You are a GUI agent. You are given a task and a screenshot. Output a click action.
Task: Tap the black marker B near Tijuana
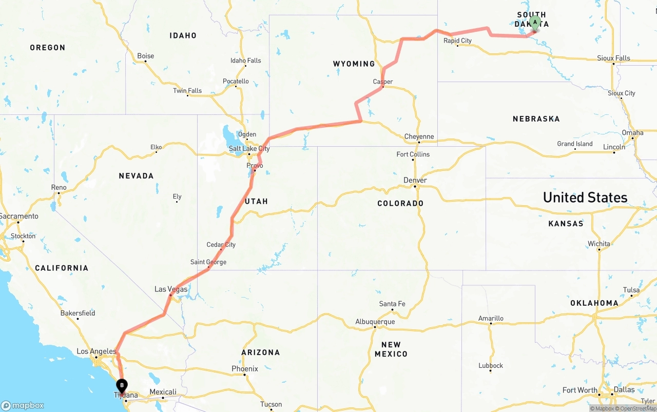pyautogui.click(x=122, y=385)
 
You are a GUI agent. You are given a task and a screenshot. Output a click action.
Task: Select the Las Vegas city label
pyautogui.click(x=171, y=289)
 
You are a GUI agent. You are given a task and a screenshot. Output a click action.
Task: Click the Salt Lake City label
pyautogui.click(x=249, y=149)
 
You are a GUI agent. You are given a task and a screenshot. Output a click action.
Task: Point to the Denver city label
pyautogui.click(x=415, y=180)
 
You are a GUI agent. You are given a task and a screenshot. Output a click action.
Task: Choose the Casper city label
pyautogui.click(x=383, y=82)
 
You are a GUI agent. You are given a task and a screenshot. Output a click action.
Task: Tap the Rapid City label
pyautogui.click(x=457, y=41)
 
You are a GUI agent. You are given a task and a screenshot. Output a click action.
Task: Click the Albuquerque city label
pyautogui.click(x=375, y=322)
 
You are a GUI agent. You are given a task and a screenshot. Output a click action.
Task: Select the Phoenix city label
pyautogui.click(x=245, y=369)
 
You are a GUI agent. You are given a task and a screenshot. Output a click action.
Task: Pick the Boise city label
pyautogui.click(x=145, y=56)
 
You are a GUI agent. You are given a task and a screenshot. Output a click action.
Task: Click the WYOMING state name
pyautogui.click(x=354, y=64)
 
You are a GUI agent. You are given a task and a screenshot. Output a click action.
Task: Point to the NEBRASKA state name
pyautogui.click(x=536, y=119)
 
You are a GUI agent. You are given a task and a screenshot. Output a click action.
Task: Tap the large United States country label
pyautogui.click(x=585, y=198)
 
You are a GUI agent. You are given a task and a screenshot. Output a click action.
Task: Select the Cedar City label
pyautogui.click(x=221, y=245)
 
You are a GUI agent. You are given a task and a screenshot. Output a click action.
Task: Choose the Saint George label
pyautogui.click(x=208, y=262)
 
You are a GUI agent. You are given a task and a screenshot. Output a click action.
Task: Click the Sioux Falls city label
pyautogui.click(x=613, y=58)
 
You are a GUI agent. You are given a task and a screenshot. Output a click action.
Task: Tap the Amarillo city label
pyautogui.click(x=491, y=319)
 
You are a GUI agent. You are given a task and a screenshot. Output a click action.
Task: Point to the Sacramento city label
pyautogui.click(x=19, y=217)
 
